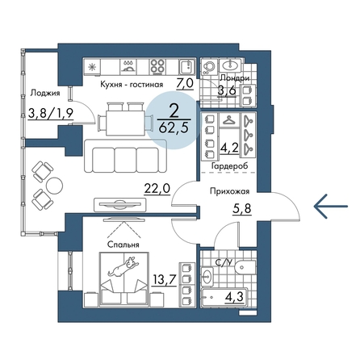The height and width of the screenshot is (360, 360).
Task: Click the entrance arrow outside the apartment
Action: click(331, 206)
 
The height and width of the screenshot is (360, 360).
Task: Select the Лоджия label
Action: click(45, 93)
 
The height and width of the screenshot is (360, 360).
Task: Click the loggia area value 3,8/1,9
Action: click(51, 114)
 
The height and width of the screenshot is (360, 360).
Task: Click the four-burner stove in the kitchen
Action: click(157, 66)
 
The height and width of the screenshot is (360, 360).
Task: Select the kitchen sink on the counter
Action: click(187, 66)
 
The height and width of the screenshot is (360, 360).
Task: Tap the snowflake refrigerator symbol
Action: click(93, 67)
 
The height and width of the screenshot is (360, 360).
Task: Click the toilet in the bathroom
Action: click(245, 267)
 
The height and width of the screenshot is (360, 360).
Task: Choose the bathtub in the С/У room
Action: click(224, 297)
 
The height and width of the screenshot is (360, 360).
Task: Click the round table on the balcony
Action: click(54, 185)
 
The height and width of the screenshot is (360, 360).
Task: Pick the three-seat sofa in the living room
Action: click(125, 157)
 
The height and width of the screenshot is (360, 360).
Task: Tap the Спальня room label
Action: click(123, 245)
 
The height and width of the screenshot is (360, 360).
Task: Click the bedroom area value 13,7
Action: click(164, 280)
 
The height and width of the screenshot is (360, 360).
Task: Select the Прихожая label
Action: click(229, 191)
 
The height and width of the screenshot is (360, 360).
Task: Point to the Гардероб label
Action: click(229, 165)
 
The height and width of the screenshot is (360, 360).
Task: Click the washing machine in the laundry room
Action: click(208, 67)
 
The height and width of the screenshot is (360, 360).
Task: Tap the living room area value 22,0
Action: click(157, 189)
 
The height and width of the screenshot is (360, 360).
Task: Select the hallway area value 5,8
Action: click(241, 208)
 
